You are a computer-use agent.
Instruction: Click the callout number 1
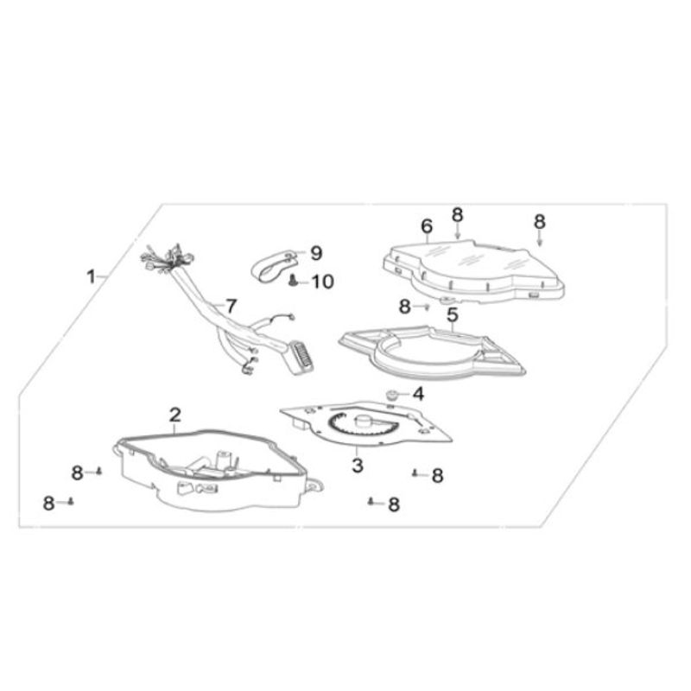tap(91, 277)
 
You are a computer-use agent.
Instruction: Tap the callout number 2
tap(175, 415)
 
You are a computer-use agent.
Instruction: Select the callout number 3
tap(357, 466)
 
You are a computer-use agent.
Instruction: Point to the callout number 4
tap(418, 394)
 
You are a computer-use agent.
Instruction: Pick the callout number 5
tap(453, 315)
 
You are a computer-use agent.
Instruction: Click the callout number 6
tap(427, 226)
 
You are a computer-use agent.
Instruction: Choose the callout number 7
tap(231, 307)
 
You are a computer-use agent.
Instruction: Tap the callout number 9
tap(316, 253)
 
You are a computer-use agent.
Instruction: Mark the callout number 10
tap(323, 282)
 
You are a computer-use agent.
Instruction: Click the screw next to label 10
tap(292, 280)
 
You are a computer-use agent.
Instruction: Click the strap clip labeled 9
tap(276, 266)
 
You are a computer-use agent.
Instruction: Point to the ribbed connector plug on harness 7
tap(300, 359)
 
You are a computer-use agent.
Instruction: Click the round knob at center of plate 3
tap(365, 421)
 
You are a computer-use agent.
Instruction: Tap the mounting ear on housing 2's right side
tap(314, 486)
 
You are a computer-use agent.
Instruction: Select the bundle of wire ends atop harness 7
tap(168, 257)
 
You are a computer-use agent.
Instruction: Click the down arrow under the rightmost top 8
tap(539, 239)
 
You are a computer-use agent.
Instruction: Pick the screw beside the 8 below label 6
tap(427, 307)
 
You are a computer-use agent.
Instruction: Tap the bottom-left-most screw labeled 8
tap(71, 501)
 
